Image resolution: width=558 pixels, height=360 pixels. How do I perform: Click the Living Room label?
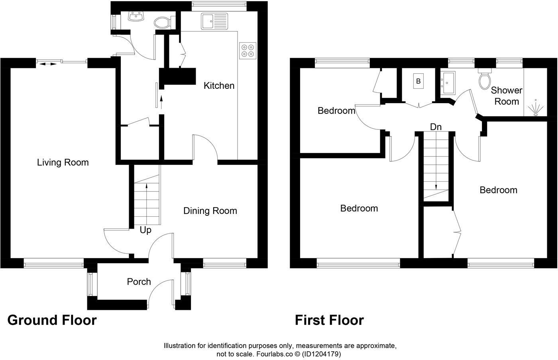(63, 162)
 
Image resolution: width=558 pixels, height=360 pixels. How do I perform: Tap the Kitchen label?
(219, 86)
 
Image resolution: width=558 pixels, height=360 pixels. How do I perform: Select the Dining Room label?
(210, 211)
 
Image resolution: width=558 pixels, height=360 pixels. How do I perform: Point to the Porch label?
(139, 282)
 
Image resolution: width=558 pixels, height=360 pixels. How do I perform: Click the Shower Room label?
(507, 96)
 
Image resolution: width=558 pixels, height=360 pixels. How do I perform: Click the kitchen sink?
(214, 21)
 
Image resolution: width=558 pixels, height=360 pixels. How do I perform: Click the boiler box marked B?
(418, 81)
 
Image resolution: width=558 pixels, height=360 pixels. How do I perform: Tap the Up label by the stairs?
(145, 230)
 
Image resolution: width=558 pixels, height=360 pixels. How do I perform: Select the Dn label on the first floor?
(436, 127)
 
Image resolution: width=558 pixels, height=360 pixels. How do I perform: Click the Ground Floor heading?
(52, 320)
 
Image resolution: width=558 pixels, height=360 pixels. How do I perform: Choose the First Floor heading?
(329, 320)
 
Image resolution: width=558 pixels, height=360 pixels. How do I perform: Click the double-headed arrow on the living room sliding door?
(48, 63)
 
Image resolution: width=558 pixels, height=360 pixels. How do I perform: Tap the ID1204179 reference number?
(322, 354)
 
